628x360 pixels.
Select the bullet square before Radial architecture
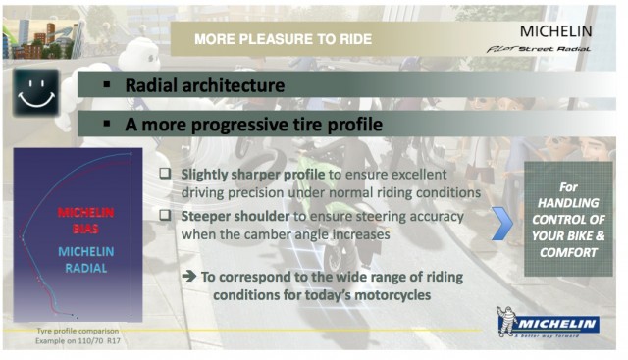pos(106,86)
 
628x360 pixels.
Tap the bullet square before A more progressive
pos(106,126)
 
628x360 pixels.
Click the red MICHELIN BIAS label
pos(85,220)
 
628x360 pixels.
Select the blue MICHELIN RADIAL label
pos(86,260)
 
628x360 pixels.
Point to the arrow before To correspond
pos(188,277)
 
